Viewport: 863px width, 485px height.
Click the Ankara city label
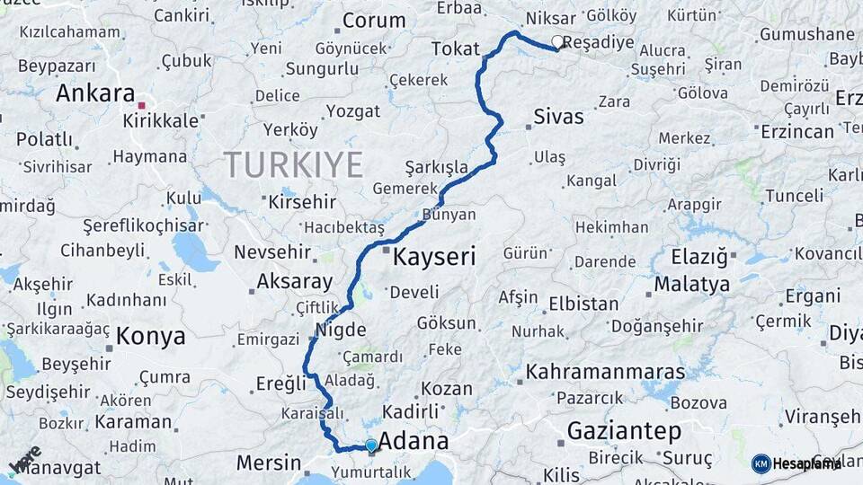coord(94,93)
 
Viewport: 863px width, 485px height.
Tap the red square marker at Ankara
coord(141,105)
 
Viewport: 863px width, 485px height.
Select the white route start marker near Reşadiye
coord(557,41)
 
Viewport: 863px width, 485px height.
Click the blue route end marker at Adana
coord(371,445)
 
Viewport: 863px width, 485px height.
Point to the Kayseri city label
coord(435,257)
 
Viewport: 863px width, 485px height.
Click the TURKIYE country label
coord(293,164)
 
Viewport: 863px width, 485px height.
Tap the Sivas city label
coord(558,117)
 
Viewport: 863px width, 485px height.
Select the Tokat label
coord(455,48)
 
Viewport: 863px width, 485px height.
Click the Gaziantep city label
coord(624,431)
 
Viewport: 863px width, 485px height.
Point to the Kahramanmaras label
coord(605,371)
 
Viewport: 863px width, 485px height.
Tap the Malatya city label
coord(691,285)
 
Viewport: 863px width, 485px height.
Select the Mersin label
coord(269,463)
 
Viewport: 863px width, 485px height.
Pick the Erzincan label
coord(796,131)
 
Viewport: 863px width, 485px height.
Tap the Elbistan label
coord(583,304)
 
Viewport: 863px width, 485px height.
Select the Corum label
coord(374,20)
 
